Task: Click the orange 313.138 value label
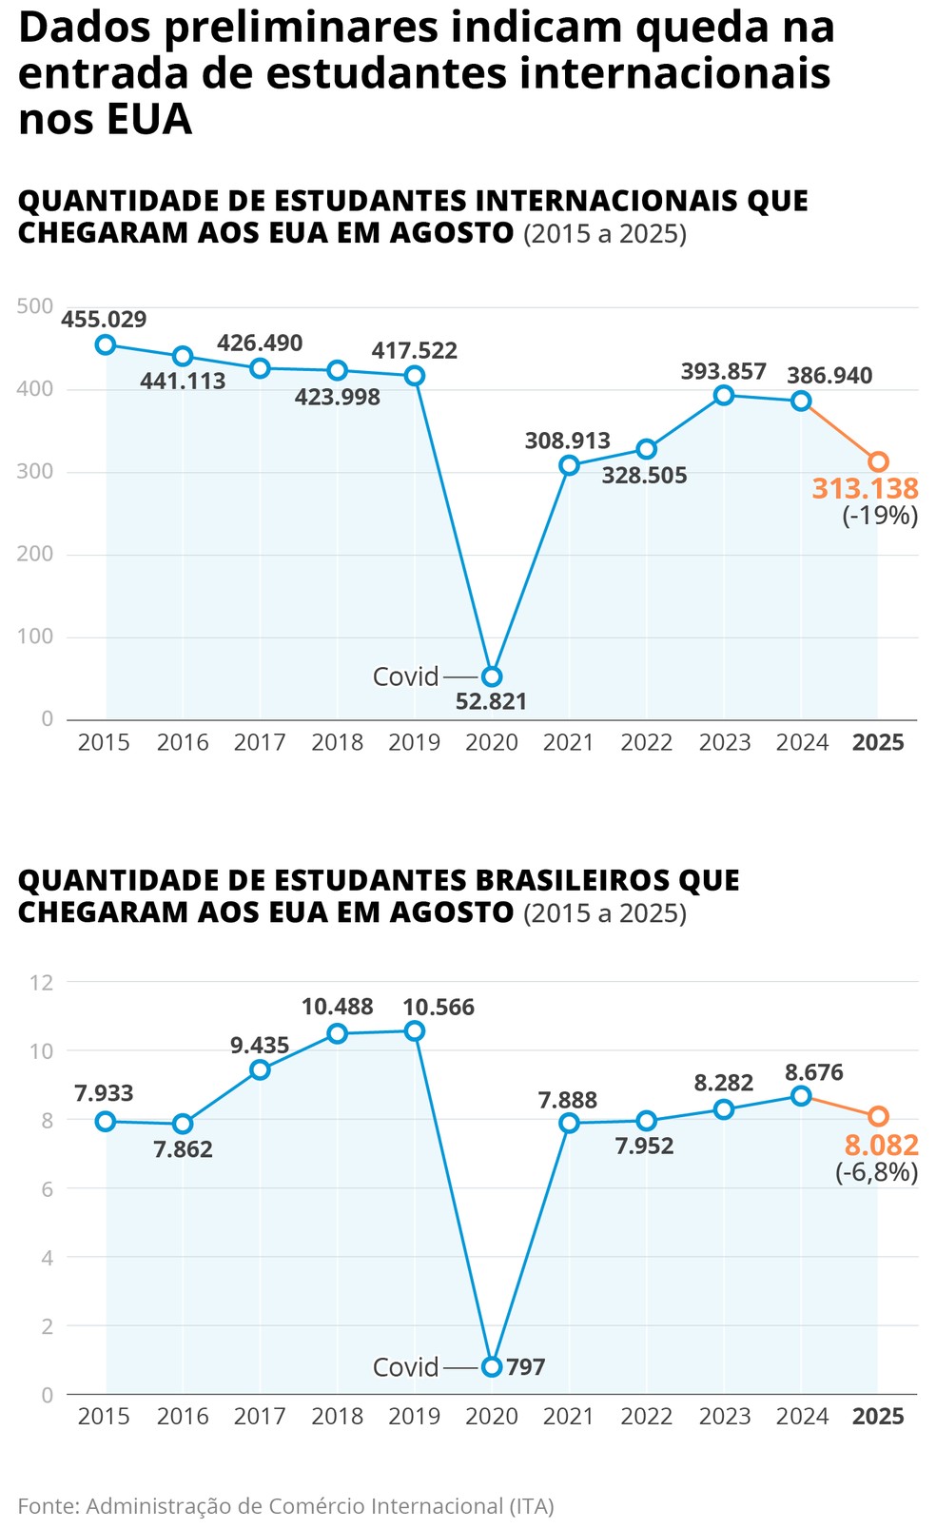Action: click(x=865, y=489)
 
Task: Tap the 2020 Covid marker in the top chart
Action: click(x=491, y=676)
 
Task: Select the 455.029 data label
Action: click(x=104, y=320)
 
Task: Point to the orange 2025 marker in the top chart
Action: click(x=878, y=461)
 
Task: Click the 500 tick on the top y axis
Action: click(x=35, y=306)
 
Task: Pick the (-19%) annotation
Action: click(x=880, y=517)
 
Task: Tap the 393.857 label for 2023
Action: click(x=723, y=372)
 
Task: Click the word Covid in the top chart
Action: click(x=405, y=676)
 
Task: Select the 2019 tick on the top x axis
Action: click(x=414, y=743)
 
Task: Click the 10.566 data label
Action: click(x=438, y=1008)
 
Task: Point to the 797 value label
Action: click(x=526, y=1367)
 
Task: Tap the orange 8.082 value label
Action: click(x=881, y=1145)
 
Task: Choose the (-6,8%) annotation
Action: click(x=876, y=1172)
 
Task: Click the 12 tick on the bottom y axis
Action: click(x=42, y=982)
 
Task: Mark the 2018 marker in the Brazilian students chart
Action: click(x=337, y=1034)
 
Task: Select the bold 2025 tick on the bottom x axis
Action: click(x=878, y=1417)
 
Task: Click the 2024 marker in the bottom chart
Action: click(x=801, y=1096)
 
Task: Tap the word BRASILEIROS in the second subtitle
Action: click(x=583, y=881)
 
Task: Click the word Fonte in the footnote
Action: click(x=47, y=1505)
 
